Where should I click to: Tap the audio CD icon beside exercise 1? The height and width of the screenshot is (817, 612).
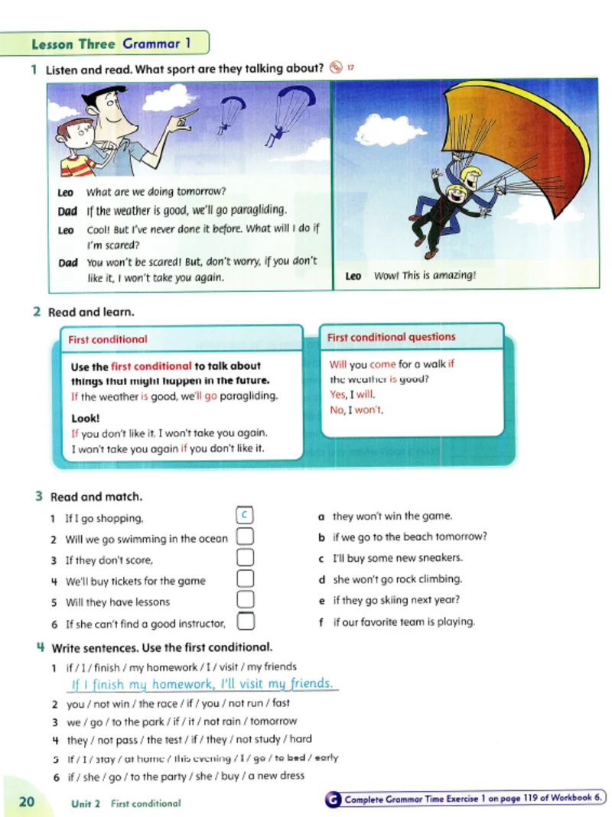coord(335,67)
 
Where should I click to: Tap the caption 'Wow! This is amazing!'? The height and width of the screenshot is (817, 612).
coord(425,276)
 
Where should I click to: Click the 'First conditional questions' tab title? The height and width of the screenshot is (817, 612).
coord(391,337)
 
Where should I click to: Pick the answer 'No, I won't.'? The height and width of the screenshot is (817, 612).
coord(356,410)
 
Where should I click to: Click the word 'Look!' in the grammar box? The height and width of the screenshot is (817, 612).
coord(86,418)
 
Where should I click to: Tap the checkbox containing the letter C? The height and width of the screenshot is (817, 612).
coord(245,516)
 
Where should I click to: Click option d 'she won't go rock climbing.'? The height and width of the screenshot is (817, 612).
coord(396,579)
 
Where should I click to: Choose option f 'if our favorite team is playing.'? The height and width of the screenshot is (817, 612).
coord(403,621)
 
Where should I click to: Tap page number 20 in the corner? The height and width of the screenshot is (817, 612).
coord(26,802)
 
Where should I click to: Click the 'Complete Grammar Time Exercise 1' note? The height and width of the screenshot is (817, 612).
coord(469,799)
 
